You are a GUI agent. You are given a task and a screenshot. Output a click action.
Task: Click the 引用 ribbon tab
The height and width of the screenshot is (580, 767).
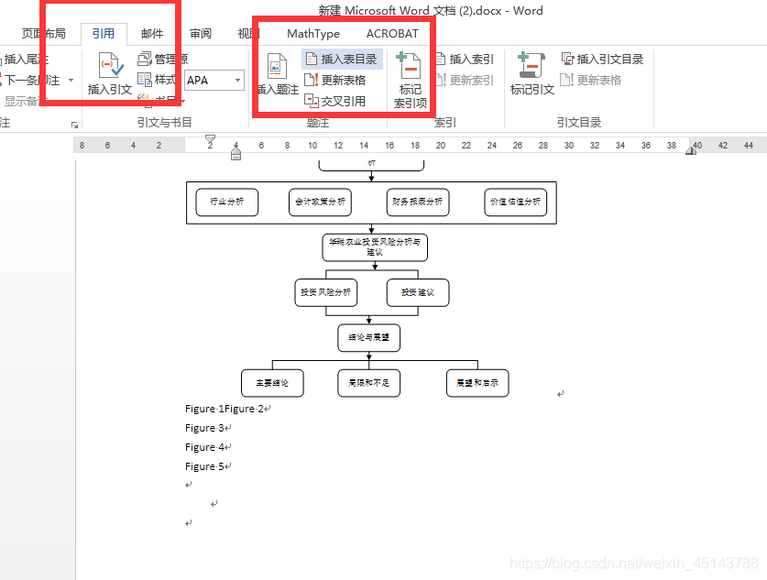pos(103,34)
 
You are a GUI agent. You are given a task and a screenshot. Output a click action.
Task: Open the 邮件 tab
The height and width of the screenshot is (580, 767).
pos(152,34)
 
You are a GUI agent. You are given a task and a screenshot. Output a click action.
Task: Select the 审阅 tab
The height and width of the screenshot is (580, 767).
pos(201,34)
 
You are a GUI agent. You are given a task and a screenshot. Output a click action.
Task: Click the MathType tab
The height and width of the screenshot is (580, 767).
pos(313,34)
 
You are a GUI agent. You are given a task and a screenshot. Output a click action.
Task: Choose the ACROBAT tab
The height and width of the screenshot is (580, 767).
pos(392,34)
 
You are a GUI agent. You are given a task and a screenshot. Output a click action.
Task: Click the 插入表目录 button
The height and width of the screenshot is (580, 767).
pos(341,60)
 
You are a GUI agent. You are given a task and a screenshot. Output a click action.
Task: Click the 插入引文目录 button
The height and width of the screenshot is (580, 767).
pos(602,60)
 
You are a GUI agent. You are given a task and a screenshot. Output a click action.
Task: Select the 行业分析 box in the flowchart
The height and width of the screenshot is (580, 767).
pos(226,202)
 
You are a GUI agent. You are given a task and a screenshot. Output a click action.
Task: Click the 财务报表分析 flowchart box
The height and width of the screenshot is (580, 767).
pos(417,202)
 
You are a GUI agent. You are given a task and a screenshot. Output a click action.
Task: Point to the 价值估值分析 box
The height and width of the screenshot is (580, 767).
pos(515,202)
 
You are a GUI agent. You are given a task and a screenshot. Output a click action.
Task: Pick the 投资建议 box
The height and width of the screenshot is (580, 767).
pos(417,292)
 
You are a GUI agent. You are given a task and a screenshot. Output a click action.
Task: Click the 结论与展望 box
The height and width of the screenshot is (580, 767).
pos(368,337)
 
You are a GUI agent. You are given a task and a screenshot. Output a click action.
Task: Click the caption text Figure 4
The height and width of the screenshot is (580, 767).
pos(205,447)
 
